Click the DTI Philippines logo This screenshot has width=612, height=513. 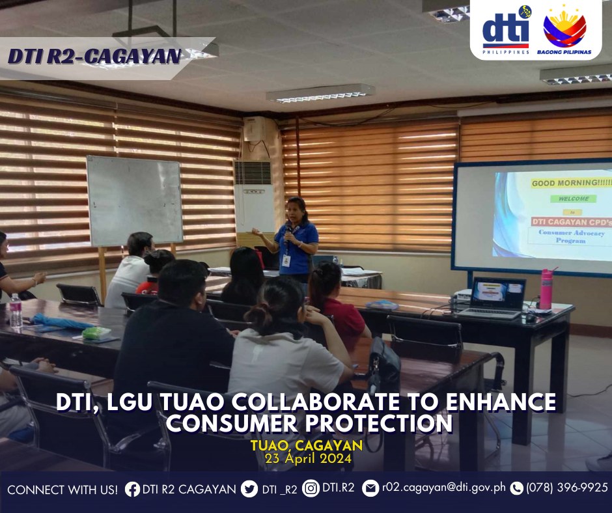coord(507,30)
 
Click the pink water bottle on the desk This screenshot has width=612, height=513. coord(546,288)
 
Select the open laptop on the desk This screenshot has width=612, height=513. coord(494,298)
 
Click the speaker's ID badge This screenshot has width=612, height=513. coord(286,260)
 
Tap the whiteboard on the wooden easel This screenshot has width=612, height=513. coord(134,201)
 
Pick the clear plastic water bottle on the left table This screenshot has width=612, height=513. coord(16,310)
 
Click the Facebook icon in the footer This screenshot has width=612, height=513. coord(132,489)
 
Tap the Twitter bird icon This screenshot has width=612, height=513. coord(249,489)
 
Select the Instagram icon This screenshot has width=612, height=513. coord(311,488)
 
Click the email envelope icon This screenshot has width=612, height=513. coord(370,488)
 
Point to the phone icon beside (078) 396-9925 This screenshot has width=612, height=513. coord(516,488)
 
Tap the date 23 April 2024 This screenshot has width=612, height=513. coord(309,458)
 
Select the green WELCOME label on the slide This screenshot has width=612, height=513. coord(574,199)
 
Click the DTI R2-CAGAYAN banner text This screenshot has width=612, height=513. coord(94,56)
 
